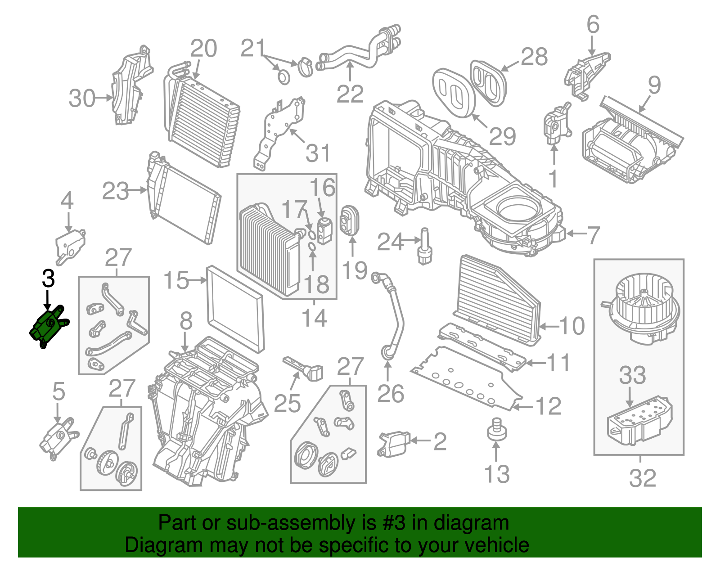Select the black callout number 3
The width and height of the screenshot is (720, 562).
[x=48, y=279]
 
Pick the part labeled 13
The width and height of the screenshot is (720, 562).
[x=496, y=429]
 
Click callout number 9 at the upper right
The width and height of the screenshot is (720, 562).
[x=654, y=85]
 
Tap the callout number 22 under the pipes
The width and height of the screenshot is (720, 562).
[x=350, y=94]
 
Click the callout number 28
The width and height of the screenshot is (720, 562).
[x=534, y=57]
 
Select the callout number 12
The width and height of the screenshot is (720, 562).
[x=549, y=406]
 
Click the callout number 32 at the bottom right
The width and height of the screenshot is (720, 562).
[x=643, y=478]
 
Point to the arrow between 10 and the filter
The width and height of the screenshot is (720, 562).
[x=549, y=326]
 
